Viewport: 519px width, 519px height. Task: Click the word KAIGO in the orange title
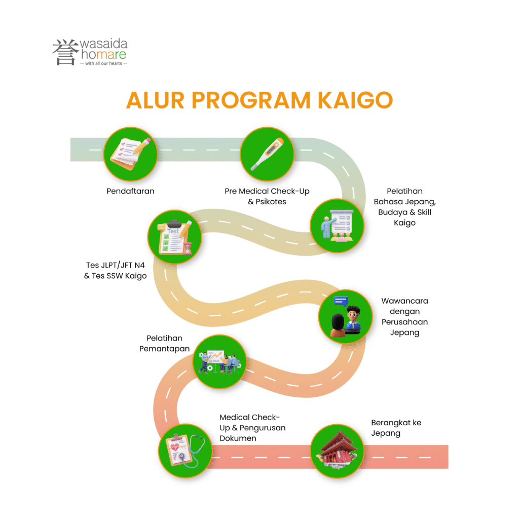(x=355, y=100)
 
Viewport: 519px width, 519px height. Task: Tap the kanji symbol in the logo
(x=65, y=52)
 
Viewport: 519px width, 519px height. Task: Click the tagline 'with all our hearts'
(x=103, y=63)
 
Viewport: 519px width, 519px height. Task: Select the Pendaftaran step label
(x=130, y=191)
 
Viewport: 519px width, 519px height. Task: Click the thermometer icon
(x=267, y=154)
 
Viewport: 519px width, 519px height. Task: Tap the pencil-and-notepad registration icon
(x=130, y=154)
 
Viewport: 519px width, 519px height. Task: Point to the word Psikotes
(x=271, y=202)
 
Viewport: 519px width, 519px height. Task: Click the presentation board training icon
(x=337, y=226)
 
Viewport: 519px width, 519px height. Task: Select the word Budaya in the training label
(x=393, y=212)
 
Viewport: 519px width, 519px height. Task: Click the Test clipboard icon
(x=175, y=237)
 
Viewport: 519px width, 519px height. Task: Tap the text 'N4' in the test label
(x=139, y=265)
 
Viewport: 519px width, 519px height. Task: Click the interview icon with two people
(x=345, y=316)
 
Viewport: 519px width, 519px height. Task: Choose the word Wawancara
(x=404, y=301)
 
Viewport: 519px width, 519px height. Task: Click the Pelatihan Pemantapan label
(x=165, y=343)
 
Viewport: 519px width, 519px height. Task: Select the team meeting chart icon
(x=219, y=361)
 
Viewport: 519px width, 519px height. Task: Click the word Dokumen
(x=238, y=438)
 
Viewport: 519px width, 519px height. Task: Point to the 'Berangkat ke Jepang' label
(x=396, y=428)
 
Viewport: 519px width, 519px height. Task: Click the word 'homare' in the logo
(x=103, y=54)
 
